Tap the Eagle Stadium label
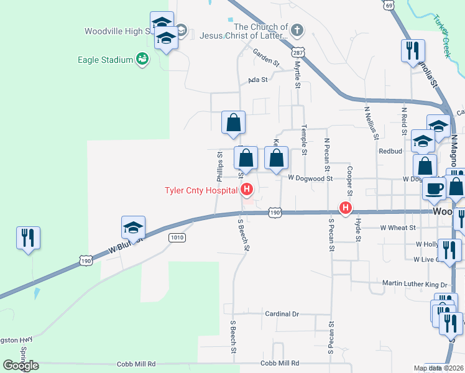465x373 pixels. coord(106,60)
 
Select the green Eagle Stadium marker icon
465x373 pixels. coord(142,59)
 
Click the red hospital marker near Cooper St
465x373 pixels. coord(344,207)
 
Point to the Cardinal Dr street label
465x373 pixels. coord(282,315)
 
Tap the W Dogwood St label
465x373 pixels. coord(310,178)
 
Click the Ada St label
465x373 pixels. coord(257,80)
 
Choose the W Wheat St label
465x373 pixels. coord(398,228)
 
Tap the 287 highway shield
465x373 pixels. coord(300,52)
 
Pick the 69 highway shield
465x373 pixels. coord(389,5)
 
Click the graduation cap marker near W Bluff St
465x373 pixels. coord(133,228)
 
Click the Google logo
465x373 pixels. coord(21,366)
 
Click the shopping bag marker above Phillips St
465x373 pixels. coord(233,122)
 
